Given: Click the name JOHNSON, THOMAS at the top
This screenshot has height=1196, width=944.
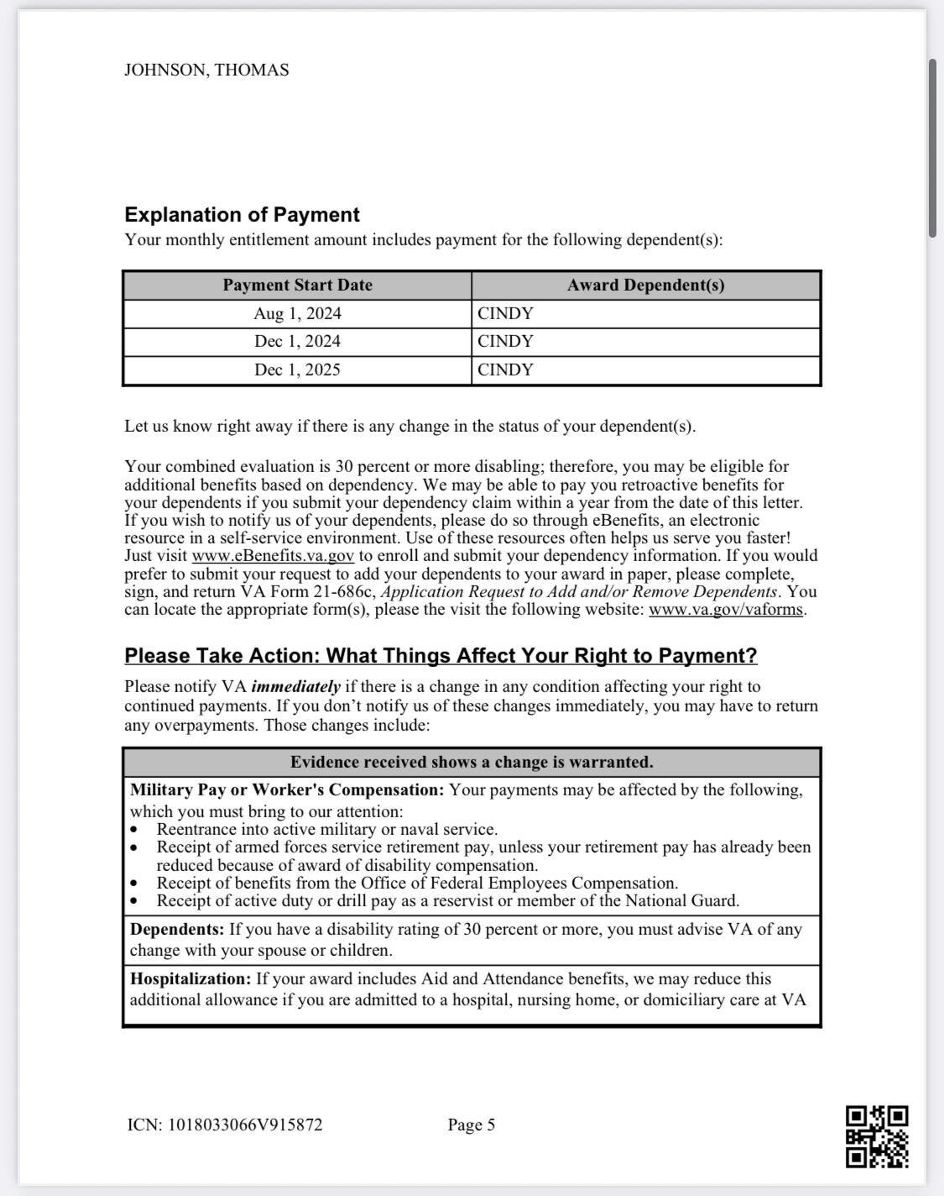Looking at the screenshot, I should pos(206,71).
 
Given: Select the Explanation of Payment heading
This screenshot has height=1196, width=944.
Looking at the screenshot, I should pos(242,215).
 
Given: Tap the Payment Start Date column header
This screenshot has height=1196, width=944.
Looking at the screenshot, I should pos(297,286).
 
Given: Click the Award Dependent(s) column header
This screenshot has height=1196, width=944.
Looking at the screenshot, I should pos(645,286).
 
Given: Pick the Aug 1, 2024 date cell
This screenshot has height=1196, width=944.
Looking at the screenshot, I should pos(297,314).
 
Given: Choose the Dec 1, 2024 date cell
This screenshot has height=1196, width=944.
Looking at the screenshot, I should pos(297,342).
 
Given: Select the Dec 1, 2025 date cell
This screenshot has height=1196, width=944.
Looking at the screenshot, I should pos(297,370).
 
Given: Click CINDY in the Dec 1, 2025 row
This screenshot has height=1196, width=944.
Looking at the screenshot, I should pos(505,370).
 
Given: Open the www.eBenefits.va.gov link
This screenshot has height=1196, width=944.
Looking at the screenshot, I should pos(273,556).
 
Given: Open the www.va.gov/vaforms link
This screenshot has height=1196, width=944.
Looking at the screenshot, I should pos(726,610).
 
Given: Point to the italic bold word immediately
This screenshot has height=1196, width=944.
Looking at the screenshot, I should pos(295,687).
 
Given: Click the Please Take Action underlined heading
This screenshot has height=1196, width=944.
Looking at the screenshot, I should pos(441,656).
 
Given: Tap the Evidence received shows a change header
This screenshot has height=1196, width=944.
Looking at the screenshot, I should pos(472,763).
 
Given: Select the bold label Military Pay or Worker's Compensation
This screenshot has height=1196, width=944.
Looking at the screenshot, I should pos(286,790).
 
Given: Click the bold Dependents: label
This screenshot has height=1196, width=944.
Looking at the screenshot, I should pos(177,930).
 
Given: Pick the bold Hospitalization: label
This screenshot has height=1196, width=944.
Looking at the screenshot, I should pos(190,979).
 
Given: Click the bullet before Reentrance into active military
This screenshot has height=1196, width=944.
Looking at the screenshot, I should pos(135,830).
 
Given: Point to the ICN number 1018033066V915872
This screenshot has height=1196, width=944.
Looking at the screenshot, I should pos(245,1125).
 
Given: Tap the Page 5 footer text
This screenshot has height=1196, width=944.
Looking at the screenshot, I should pos(472,1125).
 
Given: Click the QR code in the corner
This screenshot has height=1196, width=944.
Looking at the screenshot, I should pos(876,1136).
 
